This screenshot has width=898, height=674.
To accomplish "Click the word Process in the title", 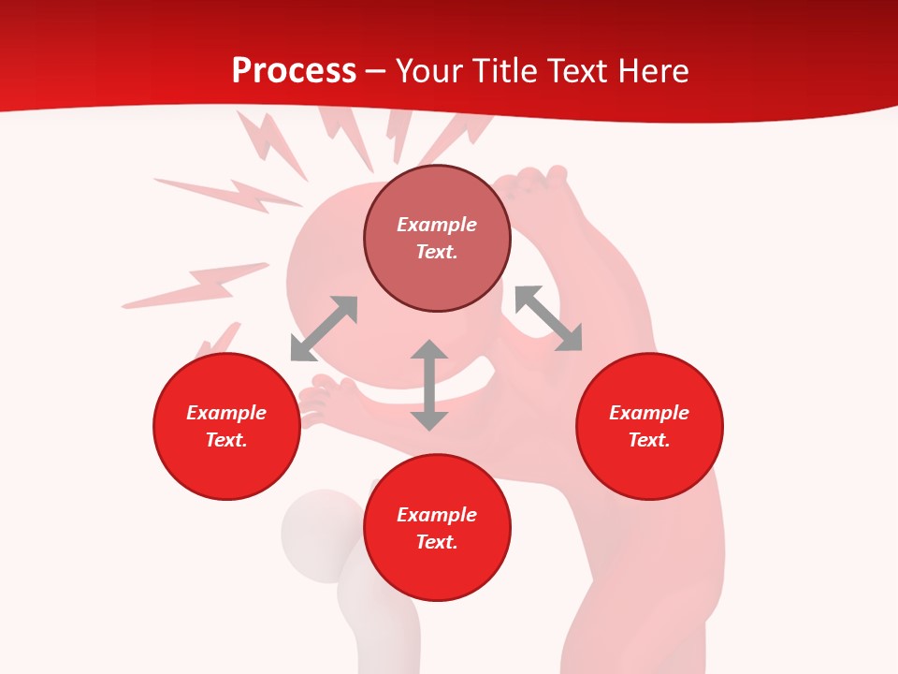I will (x=294, y=71).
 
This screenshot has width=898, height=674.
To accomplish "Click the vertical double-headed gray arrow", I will (x=429, y=385).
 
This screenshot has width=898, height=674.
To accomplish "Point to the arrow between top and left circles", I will (x=324, y=329).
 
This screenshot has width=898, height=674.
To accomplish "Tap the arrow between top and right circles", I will (x=548, y=318).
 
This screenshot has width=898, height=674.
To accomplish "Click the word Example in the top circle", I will (x=437, y=225).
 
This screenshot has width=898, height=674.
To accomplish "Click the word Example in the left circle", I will (x=226, y=413).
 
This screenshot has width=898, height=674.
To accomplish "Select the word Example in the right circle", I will (x=649, y=413).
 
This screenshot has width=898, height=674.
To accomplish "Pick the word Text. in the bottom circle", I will (x=437, y=542).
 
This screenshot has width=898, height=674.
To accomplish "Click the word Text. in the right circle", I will (x=649, y=440).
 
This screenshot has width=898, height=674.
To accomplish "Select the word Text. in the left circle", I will (x=226, y=440).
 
